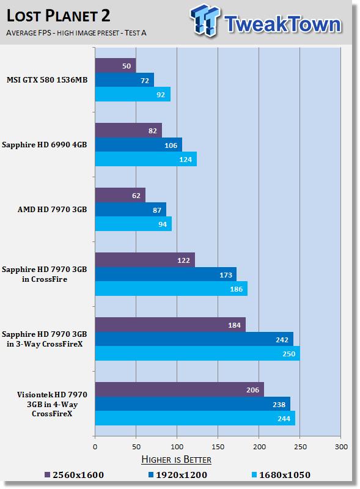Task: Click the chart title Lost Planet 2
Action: pos(58,16)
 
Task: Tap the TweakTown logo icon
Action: pos(205,20)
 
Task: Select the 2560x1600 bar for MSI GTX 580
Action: pos(116,65)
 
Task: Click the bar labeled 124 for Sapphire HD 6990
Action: pos(146,159)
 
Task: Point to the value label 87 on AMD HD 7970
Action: pos(157,210)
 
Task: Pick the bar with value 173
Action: pos(166,274)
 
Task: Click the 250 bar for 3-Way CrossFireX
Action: pos(197,353)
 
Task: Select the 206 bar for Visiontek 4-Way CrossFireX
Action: pos(179,389)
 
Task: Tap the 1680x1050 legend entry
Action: pos(281,475)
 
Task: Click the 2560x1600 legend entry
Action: pos(74,475)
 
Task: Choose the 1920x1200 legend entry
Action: pos(177,475)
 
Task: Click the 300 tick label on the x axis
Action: pos(341,447)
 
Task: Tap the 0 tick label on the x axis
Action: pos(95,447)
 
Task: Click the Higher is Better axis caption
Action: pos(176,460)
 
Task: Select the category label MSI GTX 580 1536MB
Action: pos(47,80)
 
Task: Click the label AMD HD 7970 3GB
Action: pos(52,209)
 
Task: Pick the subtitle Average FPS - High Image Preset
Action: pos(76,33)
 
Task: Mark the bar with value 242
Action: pos(194,339)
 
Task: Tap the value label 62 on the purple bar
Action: pos(136,196)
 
